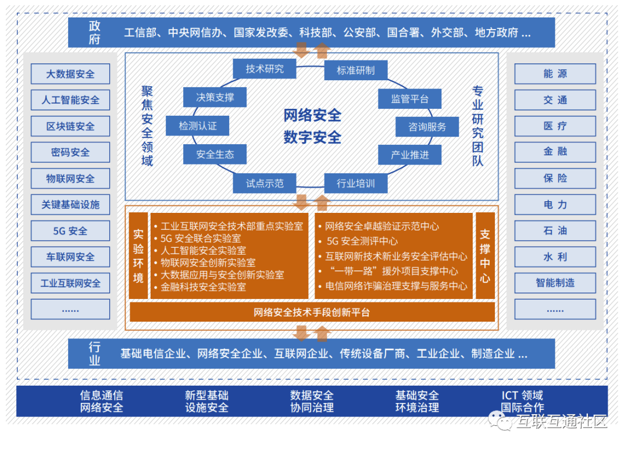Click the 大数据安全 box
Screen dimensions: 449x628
click(70, 74)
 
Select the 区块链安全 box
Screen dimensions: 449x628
click(70, 126)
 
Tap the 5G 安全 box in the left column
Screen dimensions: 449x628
click(70, 231)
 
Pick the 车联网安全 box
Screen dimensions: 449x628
click(70, 257)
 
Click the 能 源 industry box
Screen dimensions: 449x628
click(555, 74)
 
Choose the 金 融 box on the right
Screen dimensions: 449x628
click(555, 152)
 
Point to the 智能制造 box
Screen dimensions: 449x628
click(555, 283)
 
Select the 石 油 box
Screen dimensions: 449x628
click(555, 230)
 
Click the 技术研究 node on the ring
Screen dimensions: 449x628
click(265, 69)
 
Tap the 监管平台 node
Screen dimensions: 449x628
click(410, 99)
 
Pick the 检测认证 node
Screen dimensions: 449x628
click(198, 126)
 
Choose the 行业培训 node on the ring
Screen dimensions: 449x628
click(355, 184)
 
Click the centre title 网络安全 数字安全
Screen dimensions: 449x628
click(312, 126)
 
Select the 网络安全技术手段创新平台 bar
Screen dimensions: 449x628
click(312, 312)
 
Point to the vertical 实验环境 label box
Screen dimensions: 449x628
click(138, 256)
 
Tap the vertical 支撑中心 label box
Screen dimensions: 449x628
click(485, 256)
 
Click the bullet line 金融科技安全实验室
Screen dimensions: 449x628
click(203, 287)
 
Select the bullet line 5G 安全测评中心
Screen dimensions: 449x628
click(362, 241)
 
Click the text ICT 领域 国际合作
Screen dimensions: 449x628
click(522, 401)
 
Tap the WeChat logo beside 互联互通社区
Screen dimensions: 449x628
click(497, 419)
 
